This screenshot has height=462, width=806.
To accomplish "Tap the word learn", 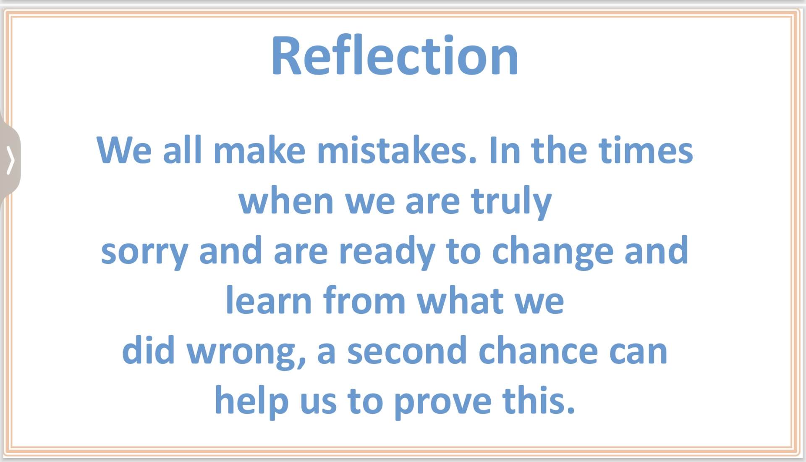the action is pyautogui.click(x=269, y=299).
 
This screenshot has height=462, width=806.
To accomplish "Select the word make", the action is pyautogui.click(x=259, y=150).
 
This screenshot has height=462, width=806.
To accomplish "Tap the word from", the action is pyautogui.click(x=364, y=299).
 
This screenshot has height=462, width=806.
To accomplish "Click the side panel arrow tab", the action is pyautogui.click(x=10, y=160).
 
